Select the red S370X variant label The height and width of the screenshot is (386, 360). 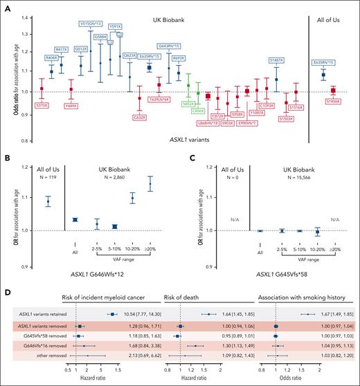(42, 105)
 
